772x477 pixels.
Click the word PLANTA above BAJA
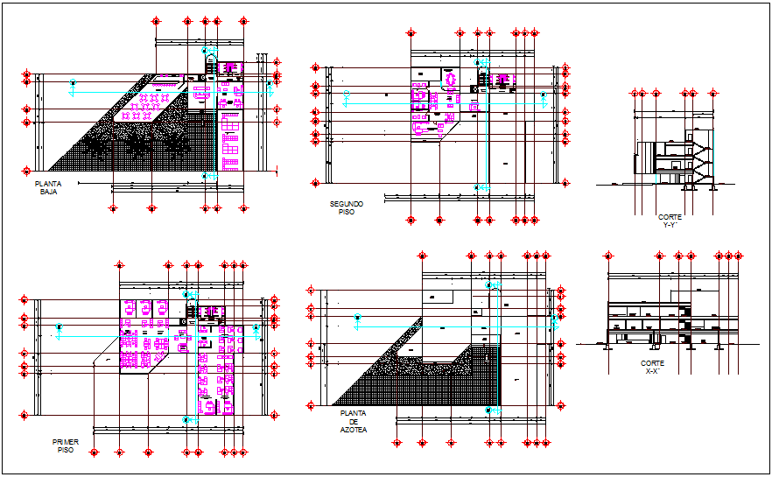[47, 184]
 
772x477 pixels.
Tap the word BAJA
[47, 192]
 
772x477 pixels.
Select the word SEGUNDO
[346, 204]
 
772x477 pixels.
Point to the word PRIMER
[65, 443]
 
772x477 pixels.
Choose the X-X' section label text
[652, 371]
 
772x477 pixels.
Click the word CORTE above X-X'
[652, 363]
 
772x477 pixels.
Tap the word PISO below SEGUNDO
[346, 212]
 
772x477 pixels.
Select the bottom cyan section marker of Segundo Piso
[478, 187]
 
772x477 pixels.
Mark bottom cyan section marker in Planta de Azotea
[490, 410]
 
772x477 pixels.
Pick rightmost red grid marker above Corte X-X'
[740, 256]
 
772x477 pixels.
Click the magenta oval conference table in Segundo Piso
[452, 80]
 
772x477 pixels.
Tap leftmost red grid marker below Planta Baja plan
[113, 208]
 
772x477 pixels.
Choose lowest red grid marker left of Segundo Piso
[315, 182]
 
